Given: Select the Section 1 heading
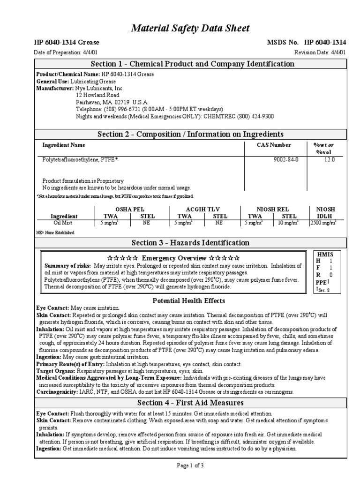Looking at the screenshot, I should [x=192, y=64].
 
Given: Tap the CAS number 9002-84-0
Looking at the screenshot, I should [x=285, y=160].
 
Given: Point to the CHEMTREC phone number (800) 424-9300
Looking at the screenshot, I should [x=251, y=116].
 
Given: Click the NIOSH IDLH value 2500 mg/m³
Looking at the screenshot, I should [x=323, y=223].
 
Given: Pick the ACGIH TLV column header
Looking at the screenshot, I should [x=202, y=209].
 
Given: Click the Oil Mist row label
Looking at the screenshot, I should [x=64, y=223].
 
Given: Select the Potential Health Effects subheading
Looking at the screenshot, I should [x=189, y=300].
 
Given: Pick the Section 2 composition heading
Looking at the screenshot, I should [x=190, y=135].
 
